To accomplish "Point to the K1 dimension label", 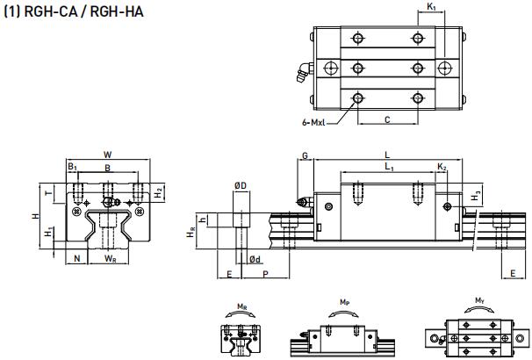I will (431, 8).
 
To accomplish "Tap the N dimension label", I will (78, 258).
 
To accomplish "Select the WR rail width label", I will (109, 259).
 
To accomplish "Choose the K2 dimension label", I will (443, 167).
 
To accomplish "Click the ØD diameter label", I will (240, 186).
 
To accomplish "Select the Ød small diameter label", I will (253, 259).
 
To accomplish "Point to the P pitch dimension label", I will (265, 274).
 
